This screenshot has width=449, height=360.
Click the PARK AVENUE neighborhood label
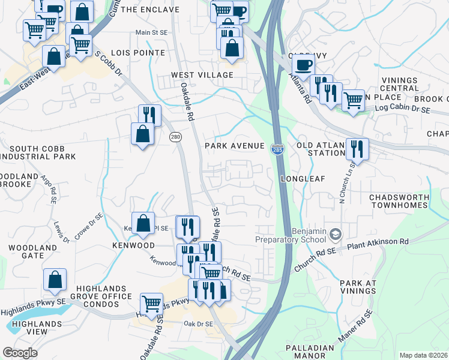pyautogui.click(x=234, y=146)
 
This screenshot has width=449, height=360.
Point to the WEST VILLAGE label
pyautogui.click(x=202, y=75)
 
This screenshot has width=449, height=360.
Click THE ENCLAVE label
pyautogui.click(x=150, y=10)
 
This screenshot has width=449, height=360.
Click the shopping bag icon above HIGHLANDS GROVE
pyautogui.click(x=55, y=280)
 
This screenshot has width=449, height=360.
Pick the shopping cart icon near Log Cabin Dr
pyautogui.click(x=353, y=100)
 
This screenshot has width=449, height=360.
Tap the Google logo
pyautogui.click(x=20, y=353)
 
